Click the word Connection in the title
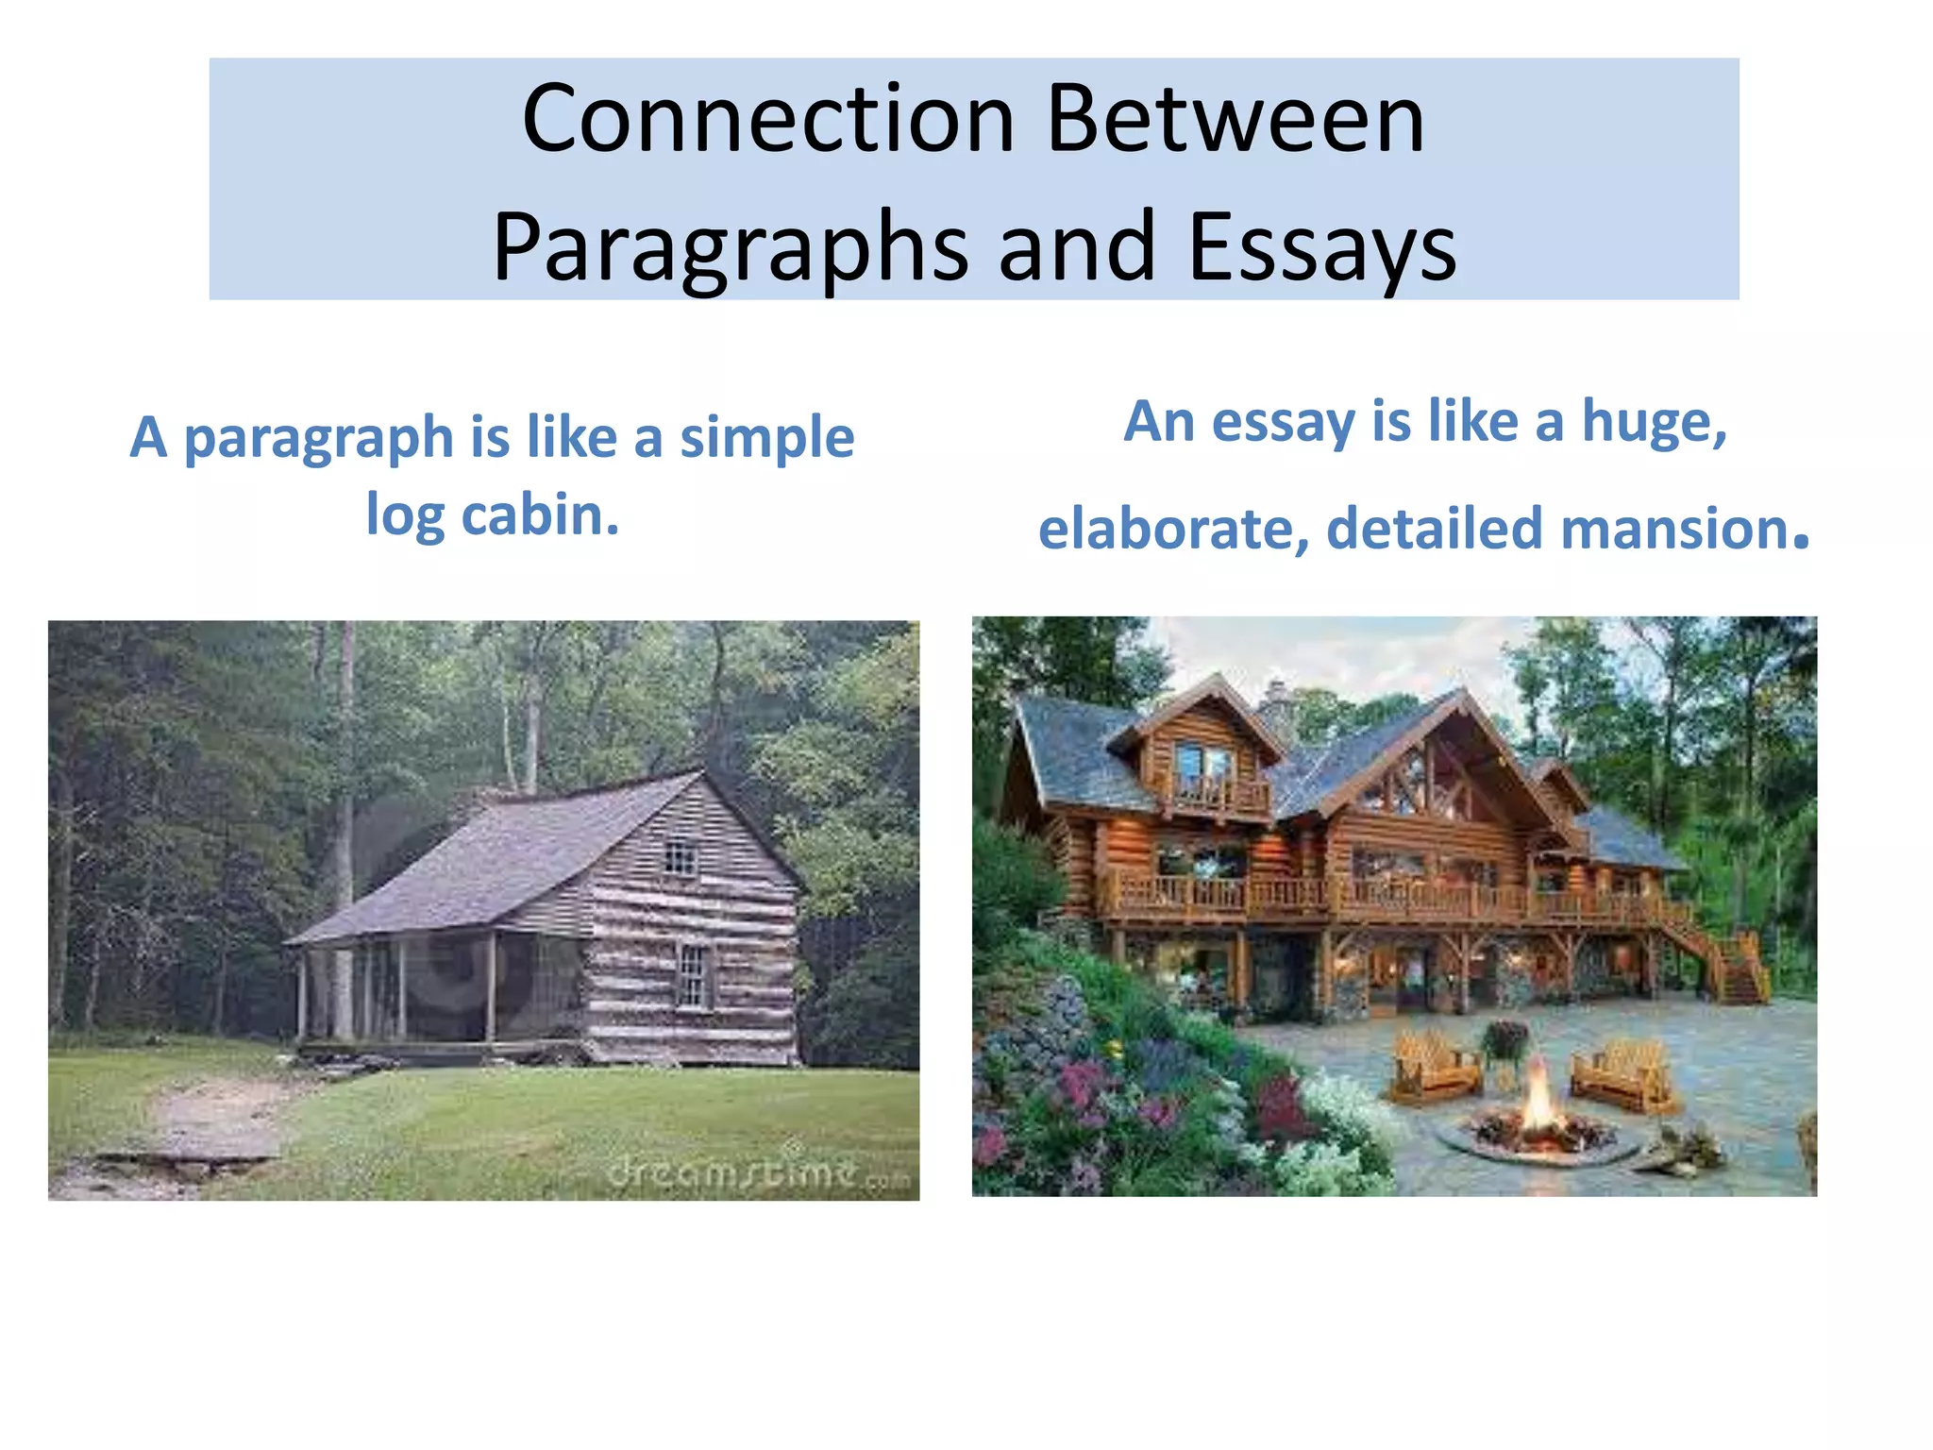point(767,120)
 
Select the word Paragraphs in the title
point(730,247)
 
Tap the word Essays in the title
point(1321,247)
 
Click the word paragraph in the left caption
point(318,439)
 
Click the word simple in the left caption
point(766,437)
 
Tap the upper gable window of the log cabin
point(680,858)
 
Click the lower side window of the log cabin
point(693,975)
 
